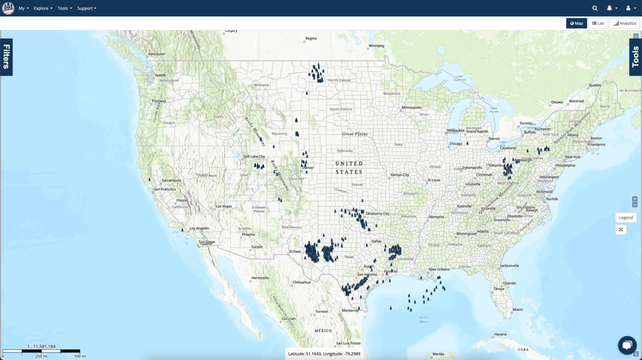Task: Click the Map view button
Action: click(x=576, y=23)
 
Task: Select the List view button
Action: click(x=598, y=23)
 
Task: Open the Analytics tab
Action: click(x=624, y=23)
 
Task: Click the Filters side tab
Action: click(x=6, y=57)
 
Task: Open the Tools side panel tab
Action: click(x=635, y=57)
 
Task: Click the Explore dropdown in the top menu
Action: click(x=43, y=8)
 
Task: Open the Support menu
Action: click(x=86, y=8)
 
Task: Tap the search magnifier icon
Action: click(x=595, y=8)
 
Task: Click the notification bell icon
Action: click(x=610, y=8)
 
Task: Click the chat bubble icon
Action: click(x=627, y=344)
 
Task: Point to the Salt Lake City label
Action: click(x=254, y=156)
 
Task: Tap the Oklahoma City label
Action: click(x=377, y=214)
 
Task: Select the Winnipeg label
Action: click(x=377, y=46)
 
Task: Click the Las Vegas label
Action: click(x=224, y=206)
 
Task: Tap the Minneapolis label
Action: click(x=412, y=107)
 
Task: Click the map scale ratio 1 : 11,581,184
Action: click(x=41, y=346)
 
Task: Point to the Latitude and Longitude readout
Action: click(x=323, y=354)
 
